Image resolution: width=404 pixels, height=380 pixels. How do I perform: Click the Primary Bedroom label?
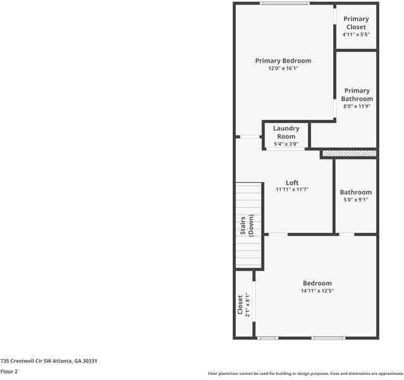(x=283, y=61)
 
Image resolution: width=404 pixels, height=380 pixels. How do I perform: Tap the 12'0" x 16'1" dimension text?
(x=283, y=68)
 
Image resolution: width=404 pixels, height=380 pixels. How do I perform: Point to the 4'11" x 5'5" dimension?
(x=356, y=35)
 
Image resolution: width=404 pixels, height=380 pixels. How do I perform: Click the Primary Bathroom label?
(x=357, y=94)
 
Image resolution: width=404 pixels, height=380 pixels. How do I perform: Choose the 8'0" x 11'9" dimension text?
(x=357, y=106)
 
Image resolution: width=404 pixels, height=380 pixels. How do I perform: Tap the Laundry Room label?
(x=286, y=132)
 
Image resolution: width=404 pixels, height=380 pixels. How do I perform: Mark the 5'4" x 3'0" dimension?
(x=286, y=144)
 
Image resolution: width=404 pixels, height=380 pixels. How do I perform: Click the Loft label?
(x=291, y=182)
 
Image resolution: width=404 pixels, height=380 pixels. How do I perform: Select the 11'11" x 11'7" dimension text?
(x=291, y=189)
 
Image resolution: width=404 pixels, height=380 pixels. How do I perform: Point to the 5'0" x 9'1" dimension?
(x=355, y=199)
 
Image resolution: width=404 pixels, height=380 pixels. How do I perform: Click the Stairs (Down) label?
(x=247, y=225)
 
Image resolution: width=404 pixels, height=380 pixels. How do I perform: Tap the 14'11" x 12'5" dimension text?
(x=317, y=291)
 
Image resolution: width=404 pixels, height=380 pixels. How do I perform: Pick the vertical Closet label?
(x=240, y=305)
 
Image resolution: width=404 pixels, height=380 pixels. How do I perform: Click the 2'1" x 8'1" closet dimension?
(x=248, y=305)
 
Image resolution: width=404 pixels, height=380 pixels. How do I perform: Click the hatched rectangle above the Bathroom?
(x=349, y=153)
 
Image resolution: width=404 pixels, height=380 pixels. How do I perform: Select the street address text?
(x=49, y=360)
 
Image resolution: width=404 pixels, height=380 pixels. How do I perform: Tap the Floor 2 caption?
(x=9, y=372)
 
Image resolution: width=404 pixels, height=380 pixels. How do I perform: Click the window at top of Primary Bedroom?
(x=285, y=4)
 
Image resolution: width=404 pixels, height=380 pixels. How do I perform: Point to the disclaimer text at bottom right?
(x=305, y=374)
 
